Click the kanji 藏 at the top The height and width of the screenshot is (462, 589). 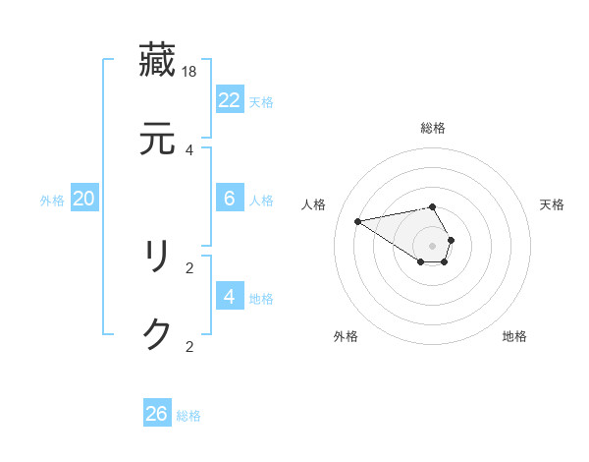(x=157, y=59)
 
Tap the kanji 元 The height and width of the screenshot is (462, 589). (x=157, y=139)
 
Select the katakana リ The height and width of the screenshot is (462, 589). (x=157, y=257)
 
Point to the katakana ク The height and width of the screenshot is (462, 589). (x=157, y=335)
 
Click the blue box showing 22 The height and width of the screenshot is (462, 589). (x=229, y=100)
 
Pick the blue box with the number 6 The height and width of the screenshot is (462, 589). (x=229, y=199)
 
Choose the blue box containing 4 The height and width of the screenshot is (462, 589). (x=229, y=297)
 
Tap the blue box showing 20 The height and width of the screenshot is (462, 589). (x=83, y=199)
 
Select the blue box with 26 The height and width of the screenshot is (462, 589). (x=156, y=414)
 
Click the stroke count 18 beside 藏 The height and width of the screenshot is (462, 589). (x=189, y=72)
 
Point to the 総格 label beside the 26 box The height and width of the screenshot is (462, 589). (x=188, y=416)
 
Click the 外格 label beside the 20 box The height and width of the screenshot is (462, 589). (x=52, y=201)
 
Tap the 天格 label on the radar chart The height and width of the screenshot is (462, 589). (x=552, y=204)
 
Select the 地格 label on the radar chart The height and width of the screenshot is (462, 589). (x=514, y=336)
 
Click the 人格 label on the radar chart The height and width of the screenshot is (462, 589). (x=314, y=204)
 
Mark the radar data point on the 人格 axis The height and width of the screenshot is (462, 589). (x=358, y=220)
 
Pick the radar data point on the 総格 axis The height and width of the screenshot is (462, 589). (x=433, y=206)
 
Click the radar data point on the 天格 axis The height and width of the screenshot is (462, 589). (x=451, y=240)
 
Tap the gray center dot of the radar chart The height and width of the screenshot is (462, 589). (x=433, y=245)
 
